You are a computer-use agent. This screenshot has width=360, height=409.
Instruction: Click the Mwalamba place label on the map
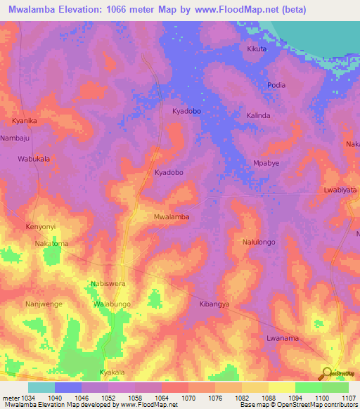tap(172, 217)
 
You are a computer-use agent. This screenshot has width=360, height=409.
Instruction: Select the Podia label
tap(276, 85)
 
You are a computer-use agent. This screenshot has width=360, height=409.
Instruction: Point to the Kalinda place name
tap(258, 115)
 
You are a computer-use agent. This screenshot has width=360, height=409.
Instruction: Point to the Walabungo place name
tap(112, 304)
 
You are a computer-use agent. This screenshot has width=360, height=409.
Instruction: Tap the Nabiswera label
tap(108, 284)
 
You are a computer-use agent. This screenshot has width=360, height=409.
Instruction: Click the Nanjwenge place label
tap(44, 304)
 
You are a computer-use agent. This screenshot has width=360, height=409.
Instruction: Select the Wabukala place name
tap(34, 160)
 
